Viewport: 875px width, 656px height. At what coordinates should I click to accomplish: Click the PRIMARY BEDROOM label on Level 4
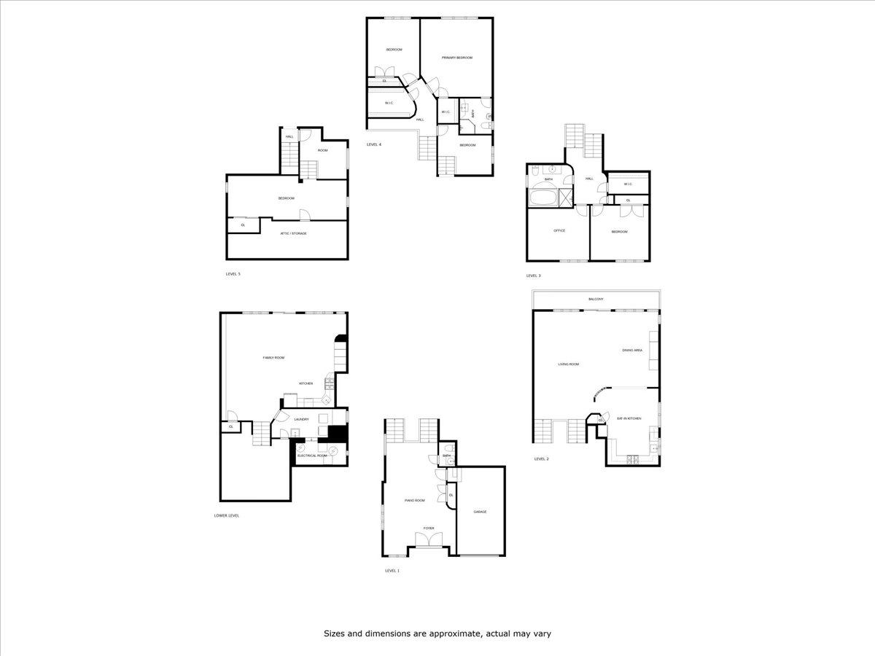click(x=457, y=58)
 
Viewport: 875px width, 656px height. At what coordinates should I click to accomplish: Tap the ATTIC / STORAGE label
click(x=294, y=233)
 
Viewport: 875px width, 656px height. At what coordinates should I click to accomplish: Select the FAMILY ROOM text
click(x=273, y=358)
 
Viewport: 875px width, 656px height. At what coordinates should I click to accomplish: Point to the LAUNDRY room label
click(x=301, y=419)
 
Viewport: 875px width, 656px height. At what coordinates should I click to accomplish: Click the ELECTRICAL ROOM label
click(x=311, y=456)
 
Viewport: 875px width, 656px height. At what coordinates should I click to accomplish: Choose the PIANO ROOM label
click(x=414, y=501)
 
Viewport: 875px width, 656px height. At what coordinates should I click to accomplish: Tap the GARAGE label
click(x=480, y=512)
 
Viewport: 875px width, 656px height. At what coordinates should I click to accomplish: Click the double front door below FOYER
click(x=429, y=539)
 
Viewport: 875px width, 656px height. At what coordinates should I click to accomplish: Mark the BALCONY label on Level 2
click(x=596, y=300)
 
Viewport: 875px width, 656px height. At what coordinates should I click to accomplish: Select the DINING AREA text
click(x=631, y=350)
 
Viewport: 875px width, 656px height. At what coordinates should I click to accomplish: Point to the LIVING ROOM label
click(x=568, y=364)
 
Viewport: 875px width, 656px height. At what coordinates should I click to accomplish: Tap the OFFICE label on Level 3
click(x=559, y=231)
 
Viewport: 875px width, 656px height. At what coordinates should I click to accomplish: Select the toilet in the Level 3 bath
click(x=535, y=172)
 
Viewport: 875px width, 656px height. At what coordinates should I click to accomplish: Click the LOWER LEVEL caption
click(x=226, y=515)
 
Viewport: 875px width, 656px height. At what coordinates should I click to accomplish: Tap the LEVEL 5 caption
click(x=233, y=274)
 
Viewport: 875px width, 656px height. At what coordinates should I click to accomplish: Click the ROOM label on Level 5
click(x=322, y=150)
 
